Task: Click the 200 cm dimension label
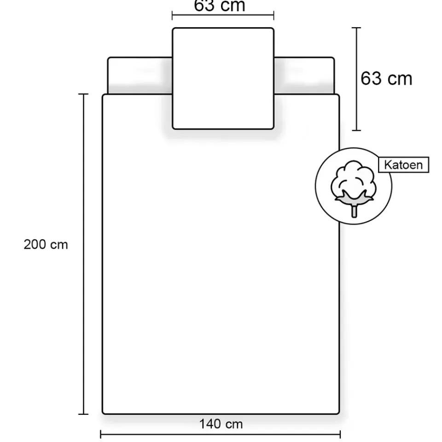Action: tap(46, 244)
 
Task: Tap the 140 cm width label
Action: tap(221, 424)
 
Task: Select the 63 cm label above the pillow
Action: tap(220, 6)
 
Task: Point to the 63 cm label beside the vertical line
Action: tap(386, 78)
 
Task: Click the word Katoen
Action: tap(403, 165)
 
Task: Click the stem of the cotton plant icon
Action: tap(354, 210)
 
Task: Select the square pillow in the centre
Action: tap(223, 78)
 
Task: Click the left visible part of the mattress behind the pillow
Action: tap(140, 76)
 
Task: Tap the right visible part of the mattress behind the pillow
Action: tap(304, 76)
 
